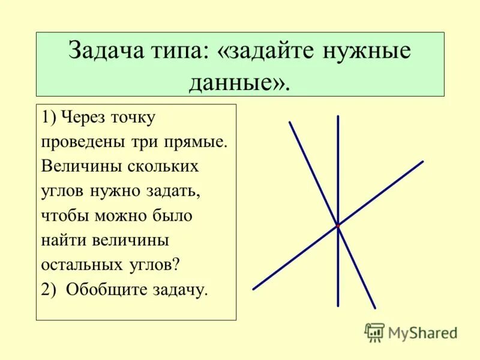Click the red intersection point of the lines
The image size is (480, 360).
(338, 226)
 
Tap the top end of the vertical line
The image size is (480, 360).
(338, 116)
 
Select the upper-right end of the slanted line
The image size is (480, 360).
(422, 161)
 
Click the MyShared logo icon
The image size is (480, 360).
(375, 332)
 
